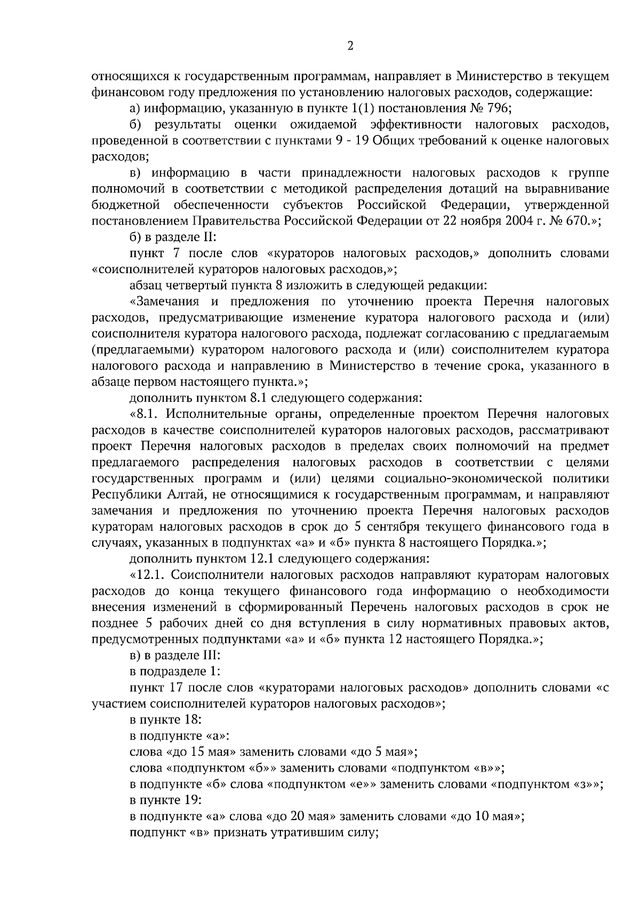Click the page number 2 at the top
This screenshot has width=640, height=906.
[x=350, y=46]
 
